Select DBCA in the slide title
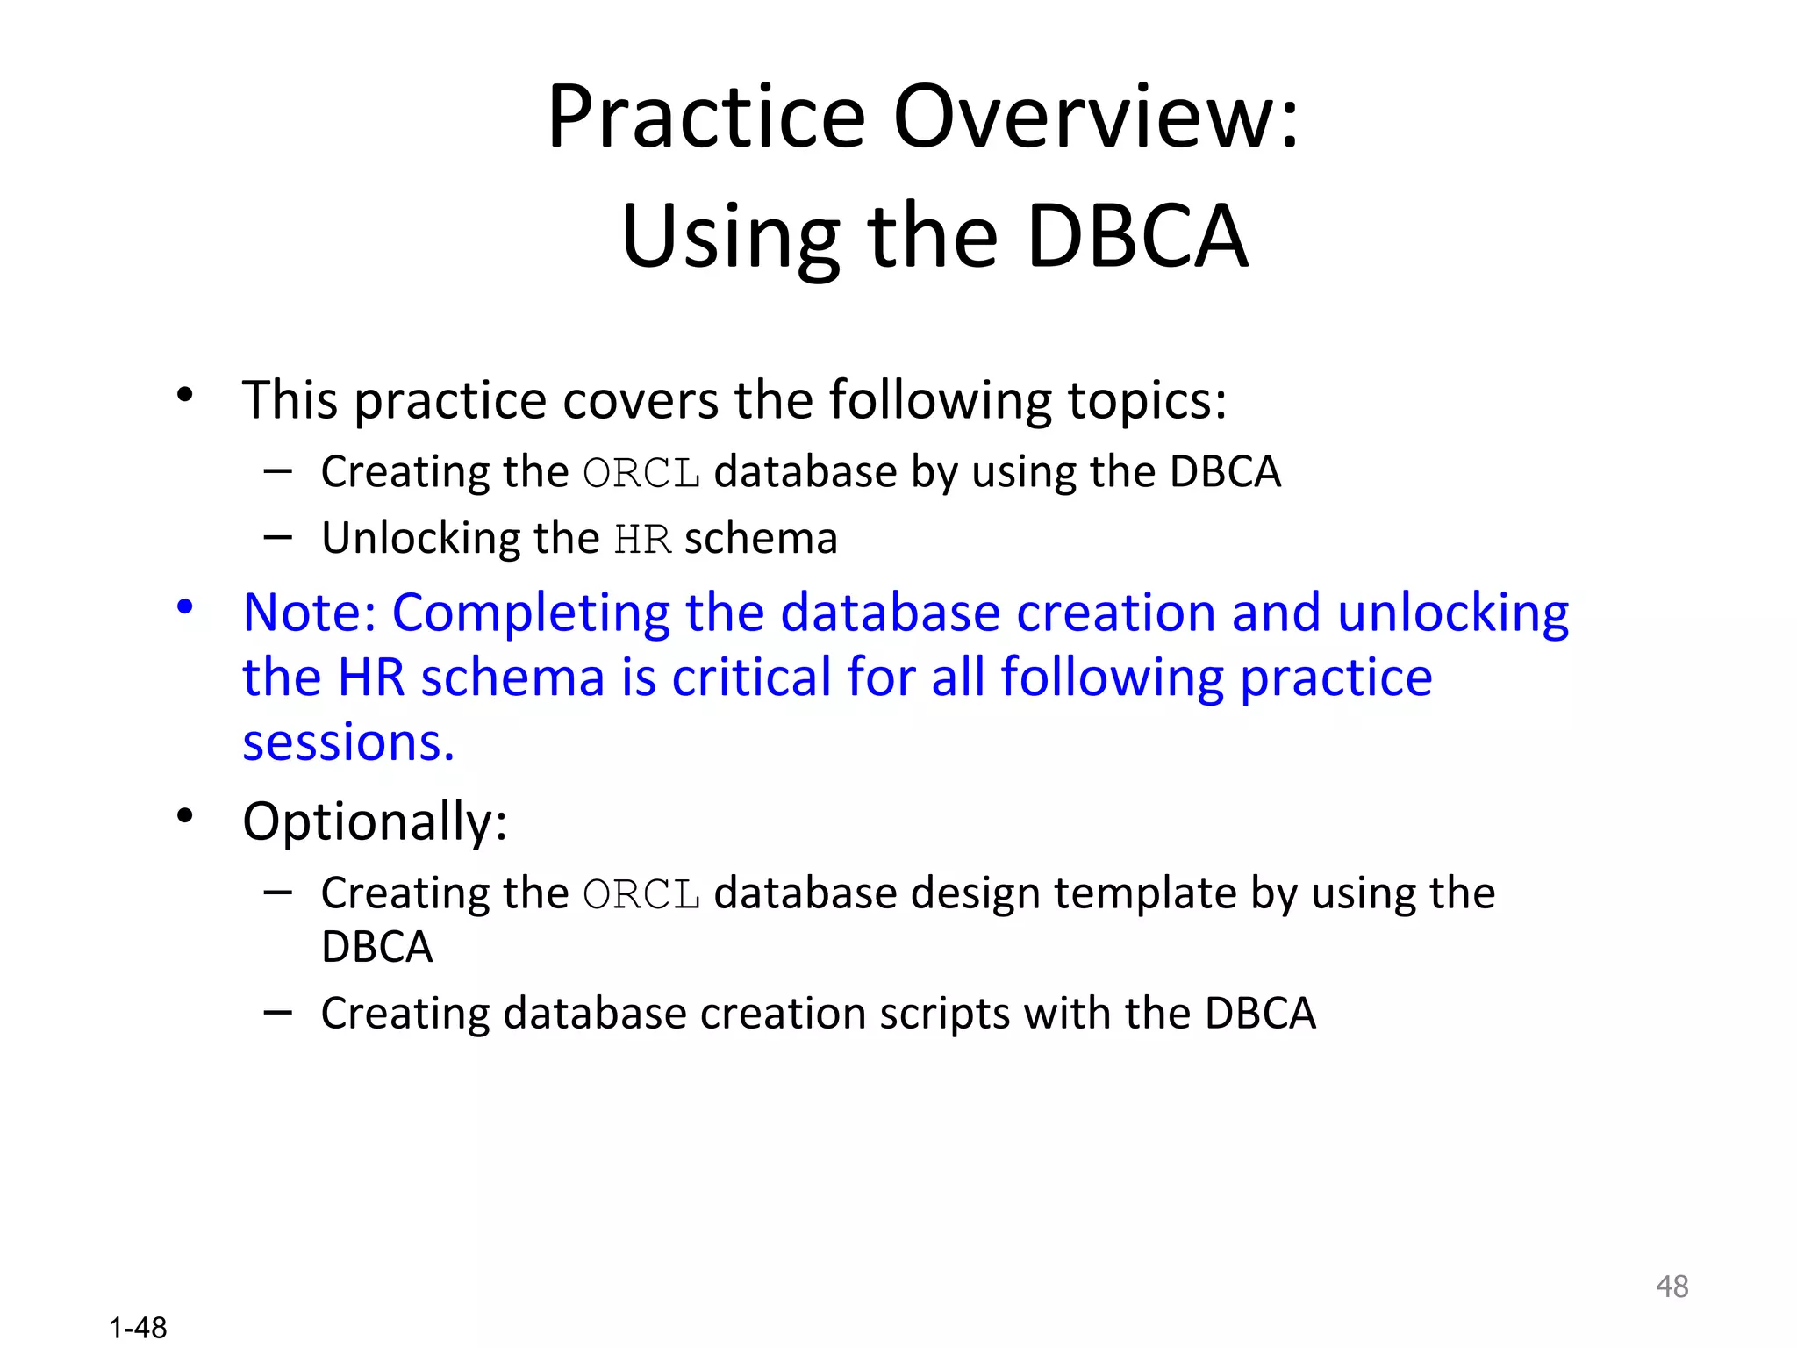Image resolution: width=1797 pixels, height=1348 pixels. click(1136, 236)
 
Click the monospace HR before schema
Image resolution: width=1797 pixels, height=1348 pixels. click(642, 540)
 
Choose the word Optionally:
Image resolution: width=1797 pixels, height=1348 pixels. click(375, 823)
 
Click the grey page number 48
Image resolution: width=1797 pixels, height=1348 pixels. click(1672, 1287)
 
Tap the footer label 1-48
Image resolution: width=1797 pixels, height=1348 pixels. click(138, 1328)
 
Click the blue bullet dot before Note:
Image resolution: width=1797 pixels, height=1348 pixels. click(184, 606)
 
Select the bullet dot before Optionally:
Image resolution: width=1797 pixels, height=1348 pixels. click(184, 816)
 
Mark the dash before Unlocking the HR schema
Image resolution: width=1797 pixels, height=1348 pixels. click(277, 537)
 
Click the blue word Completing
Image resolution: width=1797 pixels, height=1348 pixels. click(531, 613)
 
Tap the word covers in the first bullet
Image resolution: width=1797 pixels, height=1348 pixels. click(640, 401)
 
